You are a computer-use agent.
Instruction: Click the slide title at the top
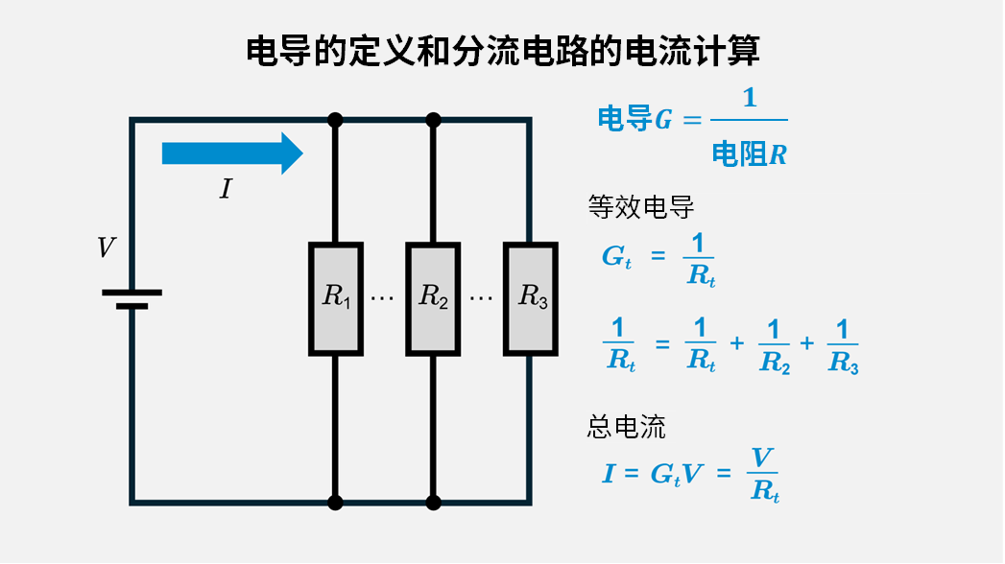coord(503,51)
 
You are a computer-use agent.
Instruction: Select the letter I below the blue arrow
coord(226,189)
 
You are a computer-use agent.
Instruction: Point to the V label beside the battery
coord(107,248)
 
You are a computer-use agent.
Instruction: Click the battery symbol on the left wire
coord(132,299)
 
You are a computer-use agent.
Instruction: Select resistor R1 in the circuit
coord(335,297)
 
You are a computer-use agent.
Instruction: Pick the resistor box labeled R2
coord(433,297)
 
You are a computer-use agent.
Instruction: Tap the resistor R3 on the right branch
coord(531,297)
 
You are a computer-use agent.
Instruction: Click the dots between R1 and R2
coord(382,298)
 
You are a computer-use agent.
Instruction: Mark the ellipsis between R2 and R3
coord(481,298)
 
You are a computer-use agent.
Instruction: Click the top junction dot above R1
coord(335,120)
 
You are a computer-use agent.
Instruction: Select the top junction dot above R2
coord(433,120)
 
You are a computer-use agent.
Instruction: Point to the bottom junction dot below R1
coord(335,502)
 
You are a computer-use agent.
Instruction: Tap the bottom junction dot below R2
coord(433,502)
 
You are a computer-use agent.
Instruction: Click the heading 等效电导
coord(640,207)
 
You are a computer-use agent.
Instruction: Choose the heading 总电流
coord(626,427)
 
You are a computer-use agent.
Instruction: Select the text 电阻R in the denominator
coord(749,153)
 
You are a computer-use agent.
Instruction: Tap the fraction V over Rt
coord(763,474)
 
